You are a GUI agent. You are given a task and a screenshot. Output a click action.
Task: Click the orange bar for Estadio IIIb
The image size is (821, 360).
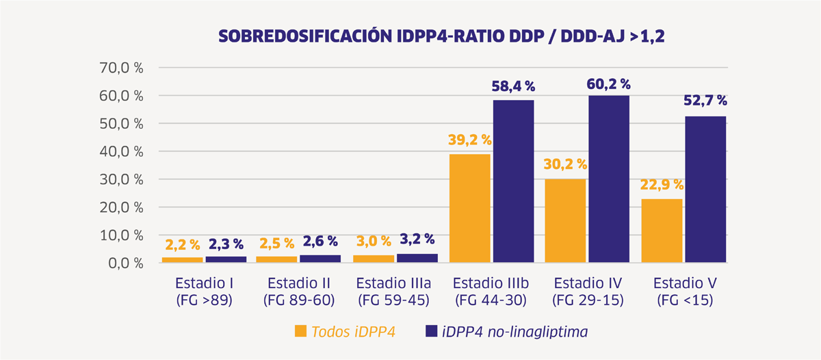[470, 208]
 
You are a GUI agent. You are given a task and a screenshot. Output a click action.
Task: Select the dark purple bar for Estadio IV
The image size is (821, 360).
[609, 179]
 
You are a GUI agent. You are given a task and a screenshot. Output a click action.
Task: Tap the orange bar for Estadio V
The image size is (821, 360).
[662, 231]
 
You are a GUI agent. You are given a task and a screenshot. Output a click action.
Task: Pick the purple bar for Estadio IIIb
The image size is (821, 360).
[514, 181]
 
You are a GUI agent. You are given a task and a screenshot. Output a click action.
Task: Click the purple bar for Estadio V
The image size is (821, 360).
[705, 189]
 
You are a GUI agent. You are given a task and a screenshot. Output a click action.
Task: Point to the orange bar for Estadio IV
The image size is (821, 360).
[566, 220]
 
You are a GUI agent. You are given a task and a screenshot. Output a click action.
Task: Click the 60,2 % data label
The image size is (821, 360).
[608, 84]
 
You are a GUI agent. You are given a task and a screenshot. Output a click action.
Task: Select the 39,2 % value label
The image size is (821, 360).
[470, 140]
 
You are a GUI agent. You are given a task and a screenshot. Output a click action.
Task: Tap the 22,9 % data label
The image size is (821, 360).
[662, 185]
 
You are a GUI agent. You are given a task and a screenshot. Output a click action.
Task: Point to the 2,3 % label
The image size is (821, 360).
[226, 244]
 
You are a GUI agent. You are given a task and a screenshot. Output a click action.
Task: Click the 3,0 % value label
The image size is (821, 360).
[374, 241]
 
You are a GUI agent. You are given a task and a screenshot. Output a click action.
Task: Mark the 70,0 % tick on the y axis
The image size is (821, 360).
[121, 68]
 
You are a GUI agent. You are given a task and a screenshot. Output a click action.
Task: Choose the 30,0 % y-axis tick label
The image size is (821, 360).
[121, 179]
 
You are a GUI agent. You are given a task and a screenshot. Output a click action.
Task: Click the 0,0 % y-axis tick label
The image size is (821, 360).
[126, 263]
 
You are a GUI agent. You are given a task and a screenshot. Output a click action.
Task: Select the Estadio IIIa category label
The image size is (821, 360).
[393, 283]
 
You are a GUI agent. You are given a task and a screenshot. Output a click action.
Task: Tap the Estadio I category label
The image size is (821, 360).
[204, 283]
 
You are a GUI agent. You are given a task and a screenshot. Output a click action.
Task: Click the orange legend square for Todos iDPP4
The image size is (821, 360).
[300, 331]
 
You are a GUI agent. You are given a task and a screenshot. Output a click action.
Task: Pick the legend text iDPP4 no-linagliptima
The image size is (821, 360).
[515, 332]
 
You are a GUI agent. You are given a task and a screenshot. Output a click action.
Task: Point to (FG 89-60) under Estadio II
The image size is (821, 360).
[299, 300]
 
